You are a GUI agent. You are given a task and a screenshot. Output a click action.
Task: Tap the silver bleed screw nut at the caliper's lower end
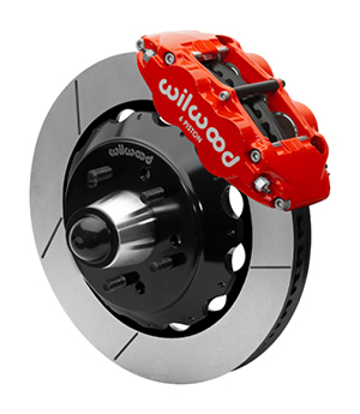[x=262, y=184]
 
